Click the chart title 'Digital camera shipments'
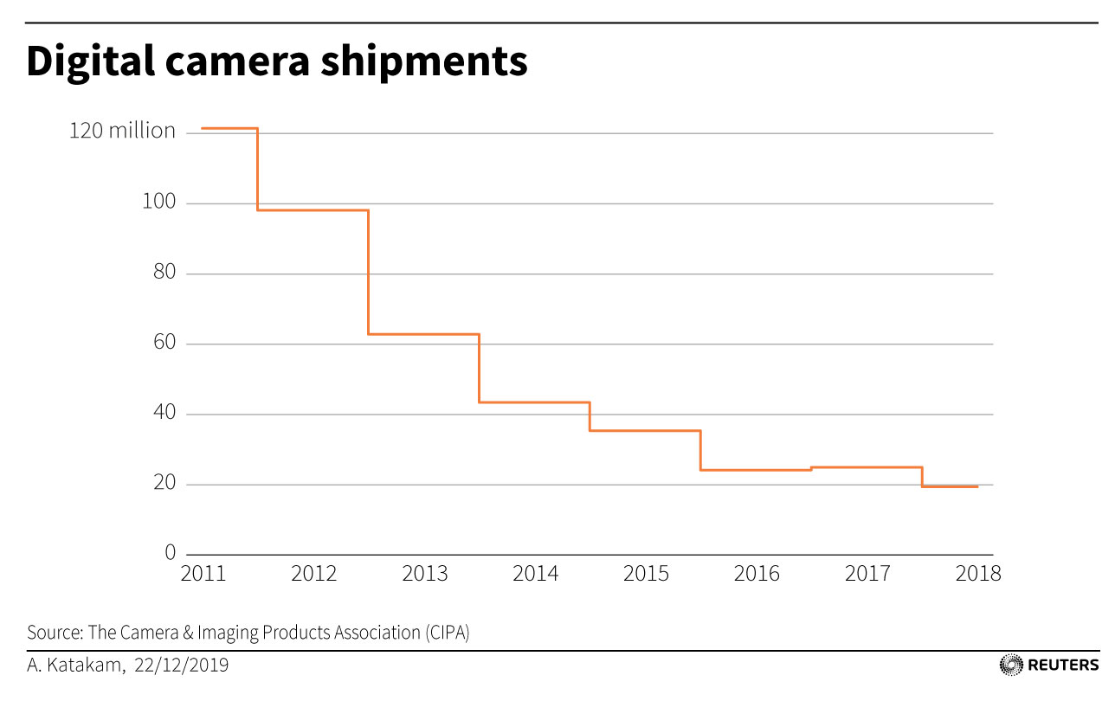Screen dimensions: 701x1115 click(x=277, y=62)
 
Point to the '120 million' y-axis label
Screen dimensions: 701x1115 click(x=122, y=132)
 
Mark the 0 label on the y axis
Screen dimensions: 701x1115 click(x=170, y=553)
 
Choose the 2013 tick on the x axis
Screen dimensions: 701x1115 click(x=425, y=574)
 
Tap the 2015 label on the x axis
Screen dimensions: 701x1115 click(x=646, y=574)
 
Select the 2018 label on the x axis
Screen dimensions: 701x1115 click(x=978, y=574)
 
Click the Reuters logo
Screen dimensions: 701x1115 click(x=1049, y=665)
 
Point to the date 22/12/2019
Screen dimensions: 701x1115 click(x=182, y=666)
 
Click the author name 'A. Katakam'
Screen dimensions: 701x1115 click(x=76, y=666)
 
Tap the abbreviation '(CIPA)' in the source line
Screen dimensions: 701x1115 click(x=447, y=633)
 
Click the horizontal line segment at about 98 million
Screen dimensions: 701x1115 click(x=313, y=210)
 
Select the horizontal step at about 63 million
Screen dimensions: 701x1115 click(x=423, y=334)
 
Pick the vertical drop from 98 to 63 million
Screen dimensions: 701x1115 click(x=368, y=272)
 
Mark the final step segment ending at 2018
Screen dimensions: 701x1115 click(x=950, y=486)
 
